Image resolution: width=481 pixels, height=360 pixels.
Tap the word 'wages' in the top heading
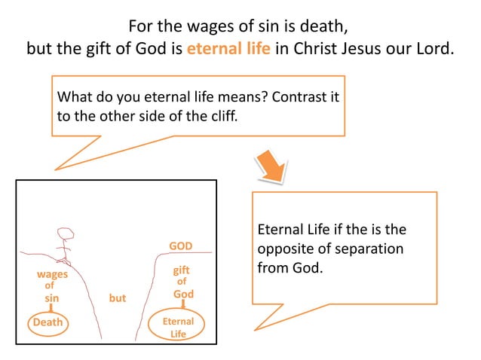click(212, 26)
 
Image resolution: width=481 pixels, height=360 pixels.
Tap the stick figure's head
click(66, 235)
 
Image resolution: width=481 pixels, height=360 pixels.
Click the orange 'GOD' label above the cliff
click(180, 246)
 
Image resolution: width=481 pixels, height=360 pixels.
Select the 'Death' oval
click(47, 323)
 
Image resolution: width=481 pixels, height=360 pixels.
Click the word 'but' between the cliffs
click(118, 298)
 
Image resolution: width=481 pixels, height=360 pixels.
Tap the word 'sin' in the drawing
click(51, 298)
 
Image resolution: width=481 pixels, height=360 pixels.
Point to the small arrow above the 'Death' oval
click(51, 308)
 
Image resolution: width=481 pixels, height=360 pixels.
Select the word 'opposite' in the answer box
click(280, 249)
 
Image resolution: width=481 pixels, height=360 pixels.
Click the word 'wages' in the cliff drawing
click(52, 274)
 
